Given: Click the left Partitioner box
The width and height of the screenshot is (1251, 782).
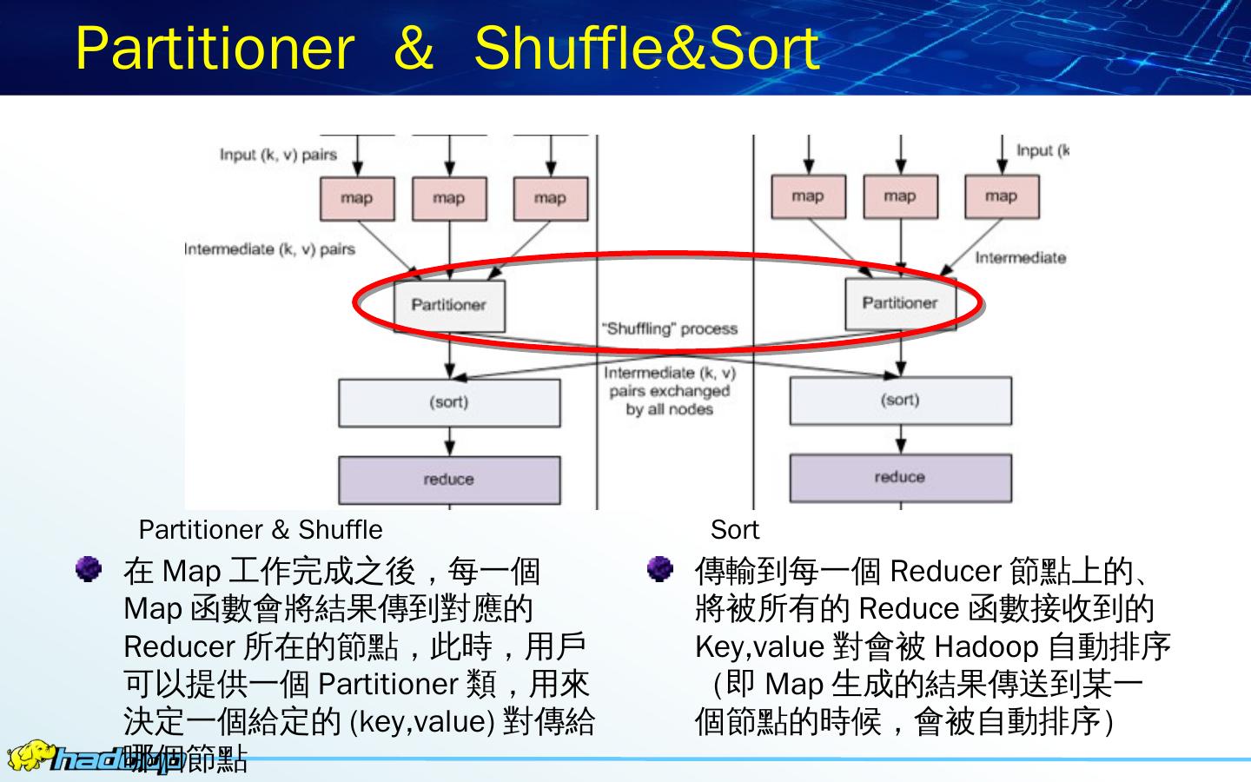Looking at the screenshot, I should (x=448, y=305).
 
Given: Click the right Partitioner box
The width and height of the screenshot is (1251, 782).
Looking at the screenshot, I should (x=900, y=303).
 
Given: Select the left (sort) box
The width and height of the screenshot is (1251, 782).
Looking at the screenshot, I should (x=448, y=402).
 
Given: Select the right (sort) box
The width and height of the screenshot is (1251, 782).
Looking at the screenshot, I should (x=900, y=401).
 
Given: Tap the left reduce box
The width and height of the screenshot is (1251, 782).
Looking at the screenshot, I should (x=448, y=480).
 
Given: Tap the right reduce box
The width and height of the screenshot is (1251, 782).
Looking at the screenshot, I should (x=900, y=478).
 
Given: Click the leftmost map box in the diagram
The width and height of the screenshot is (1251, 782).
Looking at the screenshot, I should (x=357, y=198).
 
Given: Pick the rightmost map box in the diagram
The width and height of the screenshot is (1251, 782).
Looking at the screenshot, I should (x=1001, y=196).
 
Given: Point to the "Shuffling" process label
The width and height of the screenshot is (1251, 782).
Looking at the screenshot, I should (x=669, y=328).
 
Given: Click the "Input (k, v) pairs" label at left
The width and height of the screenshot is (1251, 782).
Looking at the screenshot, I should (x=278, y=155).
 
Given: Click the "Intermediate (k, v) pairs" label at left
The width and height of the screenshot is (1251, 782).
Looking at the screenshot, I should (x=270, y=249).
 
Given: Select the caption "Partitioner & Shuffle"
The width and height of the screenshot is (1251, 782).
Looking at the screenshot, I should (x=261, y=529).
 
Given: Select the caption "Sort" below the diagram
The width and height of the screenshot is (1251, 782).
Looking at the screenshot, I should (x=734, y=529).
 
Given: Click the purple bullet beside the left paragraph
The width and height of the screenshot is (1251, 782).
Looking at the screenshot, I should (x=88, y=570).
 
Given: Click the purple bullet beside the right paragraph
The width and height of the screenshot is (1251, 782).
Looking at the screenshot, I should (x=659, y=570).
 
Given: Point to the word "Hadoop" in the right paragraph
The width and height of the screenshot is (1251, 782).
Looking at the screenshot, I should (x=987, y=647).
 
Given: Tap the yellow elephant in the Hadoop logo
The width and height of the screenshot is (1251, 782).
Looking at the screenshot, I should (x=29, y=756).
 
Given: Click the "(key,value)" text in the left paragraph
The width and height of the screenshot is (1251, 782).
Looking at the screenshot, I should (x=421, y=722).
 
